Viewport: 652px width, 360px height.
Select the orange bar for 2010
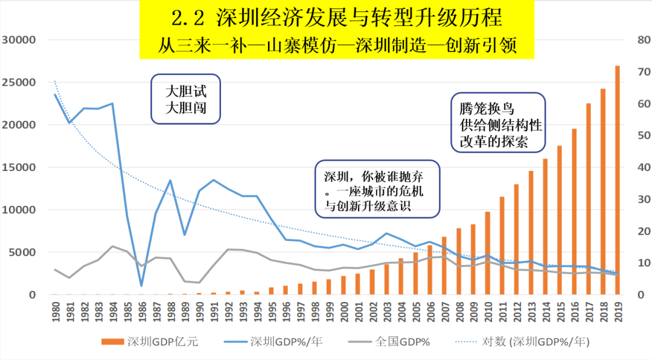pos(487,254)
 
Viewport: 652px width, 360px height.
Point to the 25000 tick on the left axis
pos(19,83)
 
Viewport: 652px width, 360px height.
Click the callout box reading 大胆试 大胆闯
pos(186,100)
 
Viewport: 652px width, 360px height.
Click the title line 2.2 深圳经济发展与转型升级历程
pos(336,18)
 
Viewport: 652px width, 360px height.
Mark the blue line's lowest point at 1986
pos(142,286)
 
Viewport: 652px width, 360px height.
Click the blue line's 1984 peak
pos(113,103)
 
